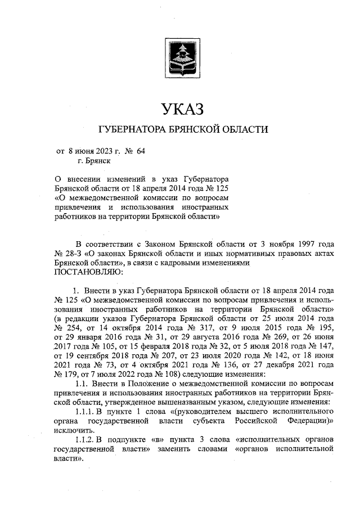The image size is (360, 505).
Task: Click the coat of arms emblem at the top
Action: coord(180,58)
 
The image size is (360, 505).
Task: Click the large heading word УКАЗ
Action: coord(180,107)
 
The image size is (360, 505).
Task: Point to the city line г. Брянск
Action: coord(94,160)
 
